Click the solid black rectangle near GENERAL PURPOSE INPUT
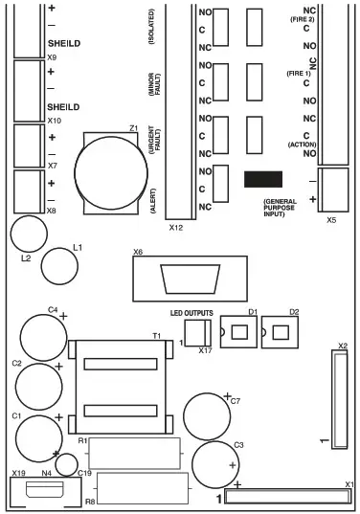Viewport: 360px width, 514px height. click(262, 180)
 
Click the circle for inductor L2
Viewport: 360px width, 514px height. click(28, 233)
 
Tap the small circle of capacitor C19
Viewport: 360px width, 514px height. click(66, 464)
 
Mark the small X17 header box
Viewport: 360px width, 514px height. click(195, 333)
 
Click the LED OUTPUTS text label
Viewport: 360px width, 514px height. click(191, 313)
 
